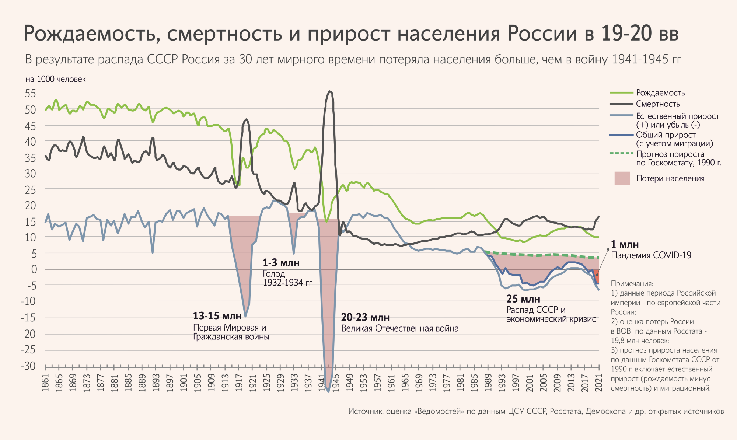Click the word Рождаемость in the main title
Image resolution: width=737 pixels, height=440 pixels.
pyautogui.click(x=92, y=34)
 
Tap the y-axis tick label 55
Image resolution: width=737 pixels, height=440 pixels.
pyautogui.click(x=30, y=94)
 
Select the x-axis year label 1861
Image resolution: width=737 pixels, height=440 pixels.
pyautogui.click(x=45, y=383)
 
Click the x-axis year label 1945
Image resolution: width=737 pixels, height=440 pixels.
pyautogui.click(x=336, y=383)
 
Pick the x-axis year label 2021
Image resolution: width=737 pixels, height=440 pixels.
pyautogui.click(x=599, y=383)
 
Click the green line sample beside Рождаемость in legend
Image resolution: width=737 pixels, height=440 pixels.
pyautogui.click(x=621, y=92)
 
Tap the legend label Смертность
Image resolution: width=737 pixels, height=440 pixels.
pyautogui.click(x=658, y=104)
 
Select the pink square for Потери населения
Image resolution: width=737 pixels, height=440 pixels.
pyautogui.click(x=622, y=178)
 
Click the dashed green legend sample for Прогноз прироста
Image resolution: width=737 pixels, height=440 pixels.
pyautogui.click(x=621, y=153)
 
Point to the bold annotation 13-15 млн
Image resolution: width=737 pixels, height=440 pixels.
pyautogui.click(x=217, y=316)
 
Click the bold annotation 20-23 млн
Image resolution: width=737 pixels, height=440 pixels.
pyautogui.click(x=365, y=317)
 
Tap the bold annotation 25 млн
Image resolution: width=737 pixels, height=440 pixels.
pyautogui.click(x=523, y=299)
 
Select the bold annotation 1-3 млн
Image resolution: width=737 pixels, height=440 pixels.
pyautogui.click(x=281, y=263)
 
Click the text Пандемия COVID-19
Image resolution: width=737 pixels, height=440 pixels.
pyautogui.click(x=651, y=255)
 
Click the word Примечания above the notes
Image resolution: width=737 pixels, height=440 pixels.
pyautogui.click(x=632, y=284)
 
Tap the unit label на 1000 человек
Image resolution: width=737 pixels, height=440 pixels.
pyautogui.click(x=56, y=79)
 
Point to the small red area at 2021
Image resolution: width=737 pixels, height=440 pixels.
pyautogui.click(x=597, y=276)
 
